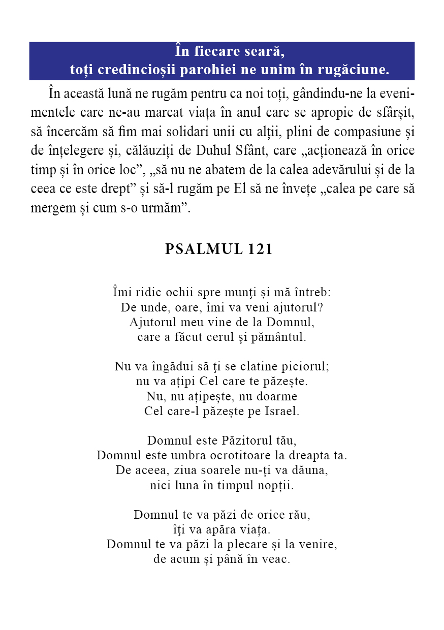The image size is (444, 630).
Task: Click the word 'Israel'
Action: pos(282,411)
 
